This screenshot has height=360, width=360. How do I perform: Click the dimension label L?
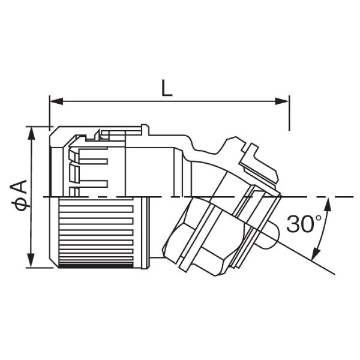tap(166, 88)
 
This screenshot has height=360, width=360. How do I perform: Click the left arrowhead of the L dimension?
tap(56, 101)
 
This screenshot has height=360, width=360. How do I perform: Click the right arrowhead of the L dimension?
tap(282, 101)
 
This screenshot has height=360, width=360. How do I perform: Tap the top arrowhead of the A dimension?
tap(31, 133)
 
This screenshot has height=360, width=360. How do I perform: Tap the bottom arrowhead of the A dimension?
tap(31, 260)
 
